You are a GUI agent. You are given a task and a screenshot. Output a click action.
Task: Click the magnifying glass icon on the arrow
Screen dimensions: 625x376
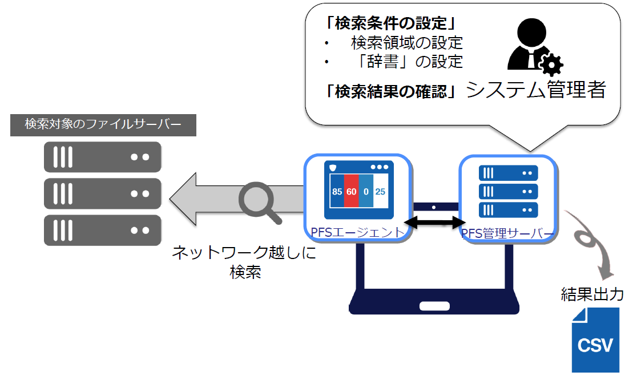tap(259, 201)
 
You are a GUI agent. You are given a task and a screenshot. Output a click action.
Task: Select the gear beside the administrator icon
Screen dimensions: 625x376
tap(551, 64)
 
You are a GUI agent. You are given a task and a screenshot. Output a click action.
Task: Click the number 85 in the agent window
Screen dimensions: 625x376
tap(337, 192)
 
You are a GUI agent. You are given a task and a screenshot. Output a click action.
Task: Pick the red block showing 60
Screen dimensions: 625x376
tap(351, 191)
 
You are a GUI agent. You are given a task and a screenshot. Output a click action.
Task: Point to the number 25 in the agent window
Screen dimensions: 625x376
tap(380, 192)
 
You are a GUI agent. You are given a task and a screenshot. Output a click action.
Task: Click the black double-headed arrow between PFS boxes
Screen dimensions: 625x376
tap(435, 223)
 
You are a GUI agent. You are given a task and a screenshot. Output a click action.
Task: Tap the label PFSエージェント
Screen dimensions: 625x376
tap(357, 232)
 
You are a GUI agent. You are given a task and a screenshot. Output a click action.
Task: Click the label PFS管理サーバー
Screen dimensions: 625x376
tap(507, 233)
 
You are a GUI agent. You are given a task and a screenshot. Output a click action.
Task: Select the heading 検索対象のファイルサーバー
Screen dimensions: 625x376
tap(103, 124)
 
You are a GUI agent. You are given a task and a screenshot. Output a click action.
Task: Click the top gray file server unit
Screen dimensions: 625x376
tap(102, 157)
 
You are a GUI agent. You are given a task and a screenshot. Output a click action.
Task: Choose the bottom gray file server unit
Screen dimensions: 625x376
tap(102, 230)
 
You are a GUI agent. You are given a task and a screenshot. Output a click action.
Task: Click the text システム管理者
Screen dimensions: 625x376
tap(536, 89)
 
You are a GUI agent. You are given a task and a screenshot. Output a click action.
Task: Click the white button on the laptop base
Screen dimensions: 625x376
tap(434, 306)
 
